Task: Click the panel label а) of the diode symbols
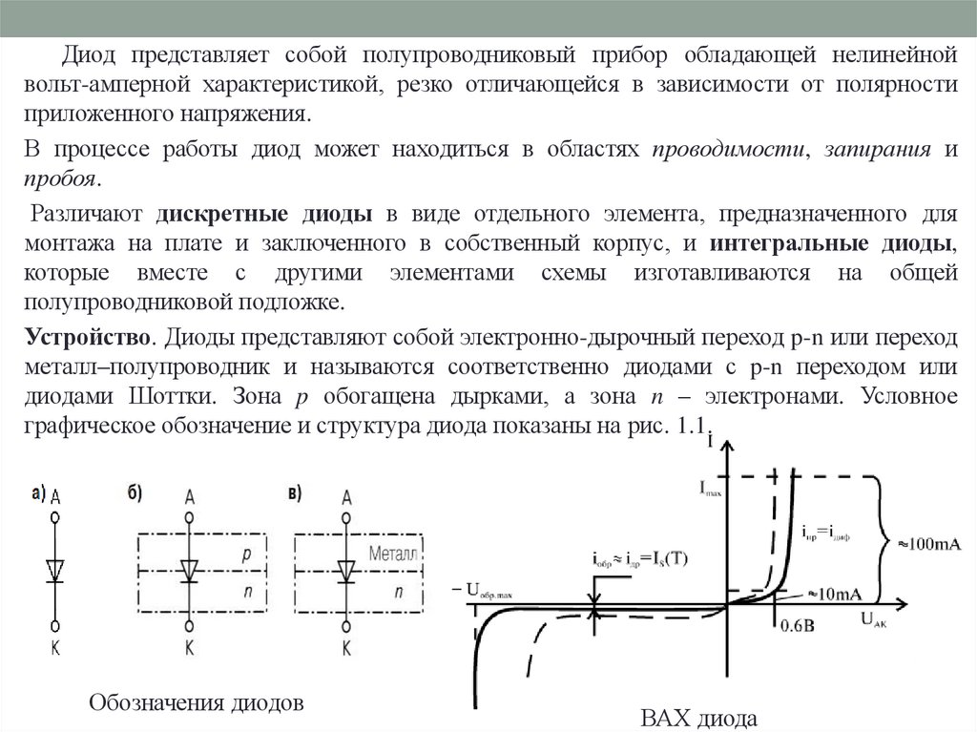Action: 38,493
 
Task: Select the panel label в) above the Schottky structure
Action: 295,493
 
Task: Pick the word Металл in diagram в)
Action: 392,554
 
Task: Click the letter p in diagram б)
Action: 246,554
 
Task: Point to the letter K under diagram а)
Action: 56,648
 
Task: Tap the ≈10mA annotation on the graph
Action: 835,594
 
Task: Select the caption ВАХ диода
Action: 700,718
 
